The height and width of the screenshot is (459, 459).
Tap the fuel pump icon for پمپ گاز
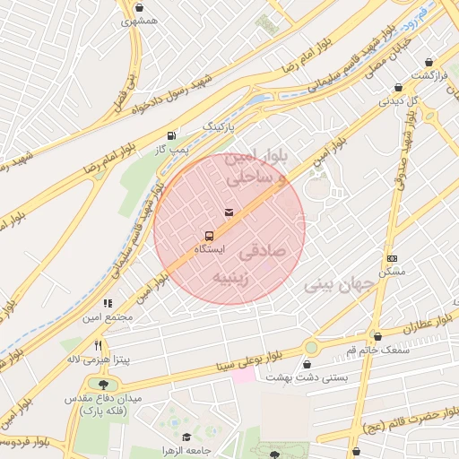tap(170, 134)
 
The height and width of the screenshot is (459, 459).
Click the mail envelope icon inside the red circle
tap(229, 212)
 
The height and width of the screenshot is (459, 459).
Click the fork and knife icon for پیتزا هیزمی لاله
tap(99, 344)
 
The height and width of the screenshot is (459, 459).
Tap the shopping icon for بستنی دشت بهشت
tap(309, 366)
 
